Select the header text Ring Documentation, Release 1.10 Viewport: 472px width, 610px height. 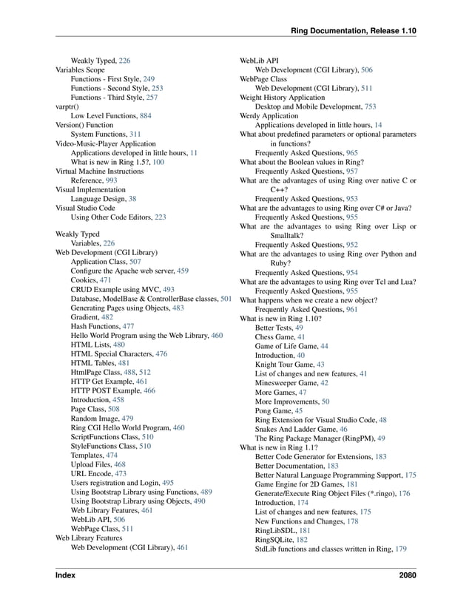click(x=354, y=31)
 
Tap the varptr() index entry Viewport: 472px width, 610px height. click(x=67, y=106)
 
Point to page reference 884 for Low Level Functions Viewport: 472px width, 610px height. click(x=145, y=116)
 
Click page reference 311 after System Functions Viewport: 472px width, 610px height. click(x=135, y=135)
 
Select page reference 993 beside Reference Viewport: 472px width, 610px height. click(x=111, y=180)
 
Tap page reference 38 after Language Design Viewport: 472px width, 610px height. click(x=132, y=198)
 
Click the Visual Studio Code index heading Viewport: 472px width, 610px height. click(x=85, y=208)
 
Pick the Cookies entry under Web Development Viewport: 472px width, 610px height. click(x=86, y=280)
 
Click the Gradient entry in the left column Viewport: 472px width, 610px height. click(x=87, y=316)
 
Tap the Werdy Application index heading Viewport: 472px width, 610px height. click(x=269, y=116)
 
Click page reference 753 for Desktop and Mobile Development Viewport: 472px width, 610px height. click(x=370, y=106)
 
